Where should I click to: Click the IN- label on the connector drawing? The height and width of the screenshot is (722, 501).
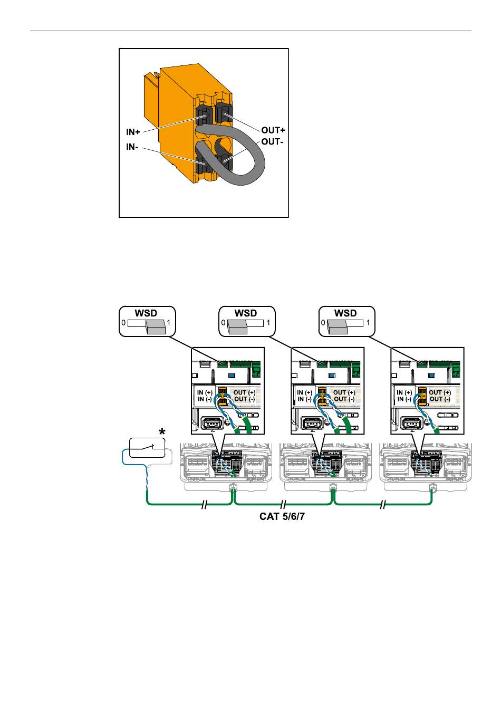[132, 148]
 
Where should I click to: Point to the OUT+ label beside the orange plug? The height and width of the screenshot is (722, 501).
[273, 130]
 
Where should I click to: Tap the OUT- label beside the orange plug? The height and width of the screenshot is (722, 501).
[272, 142]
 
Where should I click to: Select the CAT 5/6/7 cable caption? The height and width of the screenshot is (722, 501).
[283, 517]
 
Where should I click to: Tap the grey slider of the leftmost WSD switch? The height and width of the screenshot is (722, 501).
[156, 327]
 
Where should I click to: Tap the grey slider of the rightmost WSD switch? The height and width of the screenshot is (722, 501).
[336, 327]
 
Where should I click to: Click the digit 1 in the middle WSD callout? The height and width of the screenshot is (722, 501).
[268, 323]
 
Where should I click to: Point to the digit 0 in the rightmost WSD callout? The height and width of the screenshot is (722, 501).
[324, 323]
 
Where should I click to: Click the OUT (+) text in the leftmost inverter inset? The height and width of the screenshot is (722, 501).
[245, 392]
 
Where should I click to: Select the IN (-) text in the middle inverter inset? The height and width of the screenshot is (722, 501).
[304, 399]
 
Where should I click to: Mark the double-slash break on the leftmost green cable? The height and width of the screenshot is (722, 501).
[204, 505]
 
